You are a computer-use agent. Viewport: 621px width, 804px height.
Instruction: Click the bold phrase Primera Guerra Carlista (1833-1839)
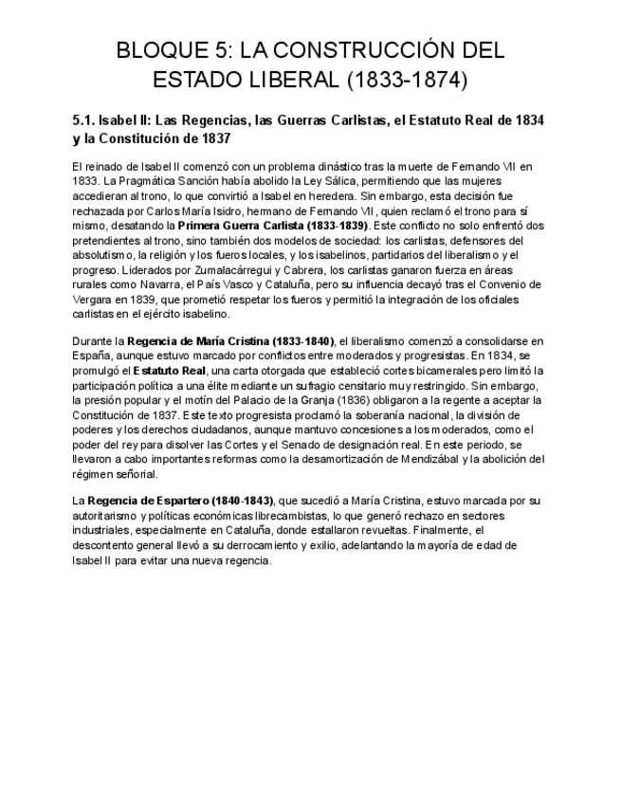[273, 226]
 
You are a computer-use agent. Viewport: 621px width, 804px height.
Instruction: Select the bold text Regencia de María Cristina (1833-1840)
[231, 340]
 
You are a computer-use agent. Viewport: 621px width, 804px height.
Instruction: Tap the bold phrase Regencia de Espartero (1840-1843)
[180, 500]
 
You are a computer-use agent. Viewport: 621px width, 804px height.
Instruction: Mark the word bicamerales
[429, 371]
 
